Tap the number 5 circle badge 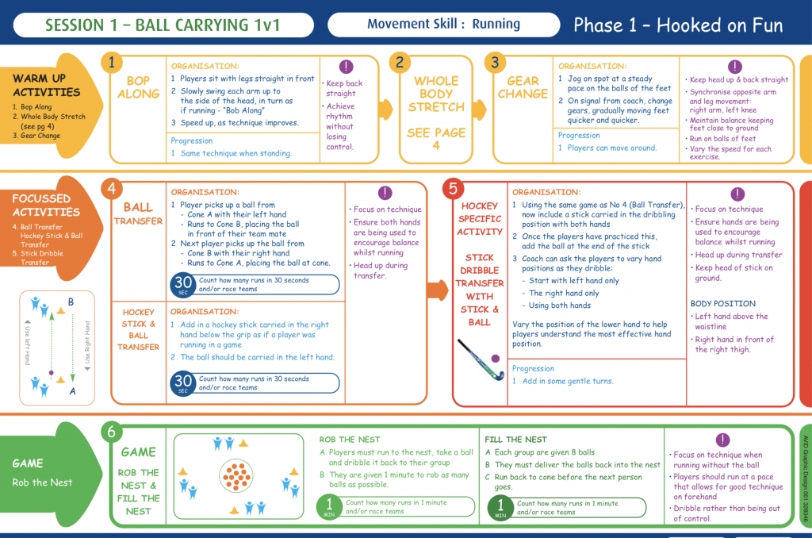click(452, 188)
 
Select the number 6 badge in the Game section click(112, 432)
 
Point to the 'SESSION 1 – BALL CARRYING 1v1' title click(163, 25)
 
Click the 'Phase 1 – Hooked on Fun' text click(678, 25)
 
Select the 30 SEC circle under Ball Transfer click(183, 285)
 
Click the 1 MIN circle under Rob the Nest click(329, 506)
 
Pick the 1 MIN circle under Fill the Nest click(500, 506)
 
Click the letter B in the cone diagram click(71, 302)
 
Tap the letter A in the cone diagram click(72, 391)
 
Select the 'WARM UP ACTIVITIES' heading click(40, 85)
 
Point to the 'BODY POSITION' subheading click(722, 303)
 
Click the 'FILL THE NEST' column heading click(515, 439)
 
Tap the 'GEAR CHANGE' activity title click(523, 87)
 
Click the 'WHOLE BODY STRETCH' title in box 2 click(435, 94)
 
